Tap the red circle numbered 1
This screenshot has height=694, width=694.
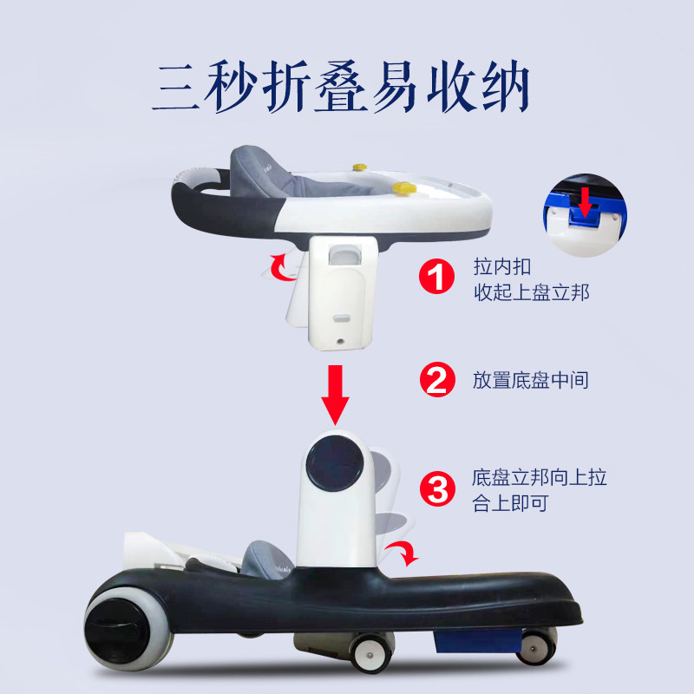[x=437, y=278]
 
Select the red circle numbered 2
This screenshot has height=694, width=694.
[x=437, y=379]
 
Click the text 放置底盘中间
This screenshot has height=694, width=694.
[x=531, y=380]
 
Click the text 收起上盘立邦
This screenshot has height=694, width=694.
[x=531, y=291]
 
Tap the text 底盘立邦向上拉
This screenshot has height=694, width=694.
[x=539, y=477]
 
